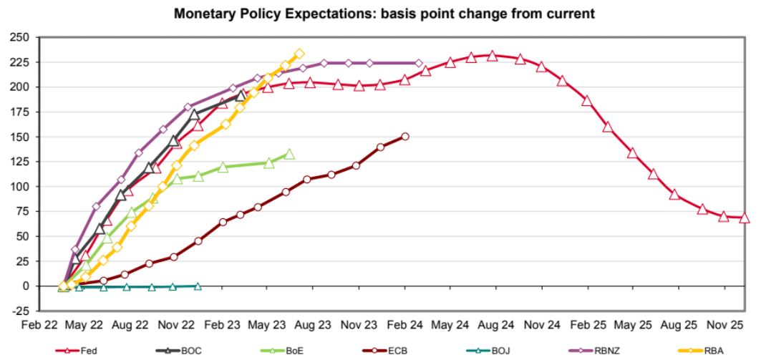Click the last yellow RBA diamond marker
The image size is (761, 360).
coord(299,54)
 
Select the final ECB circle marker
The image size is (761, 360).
coord(405,136)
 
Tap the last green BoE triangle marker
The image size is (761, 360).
coord(289,154)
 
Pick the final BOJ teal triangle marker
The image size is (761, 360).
coord(198,286)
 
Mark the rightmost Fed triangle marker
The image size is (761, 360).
coord(745,218)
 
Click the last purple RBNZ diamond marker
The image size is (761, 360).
coord(419,63)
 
